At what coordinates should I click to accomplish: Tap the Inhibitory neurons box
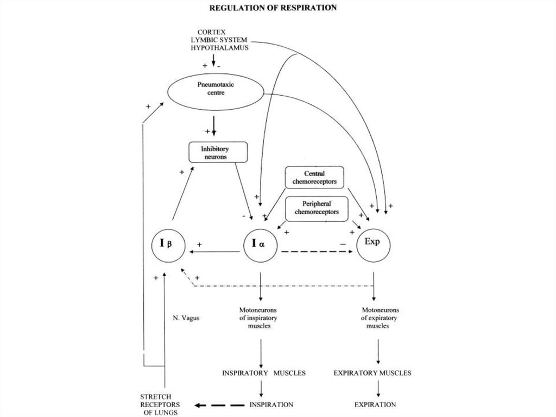217,152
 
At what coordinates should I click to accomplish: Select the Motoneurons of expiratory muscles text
374,318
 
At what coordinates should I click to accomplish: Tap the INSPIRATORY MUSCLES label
264,373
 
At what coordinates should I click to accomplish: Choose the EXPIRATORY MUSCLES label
372,373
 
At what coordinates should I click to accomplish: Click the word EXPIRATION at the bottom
375,404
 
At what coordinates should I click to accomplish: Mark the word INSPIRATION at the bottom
271,404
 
